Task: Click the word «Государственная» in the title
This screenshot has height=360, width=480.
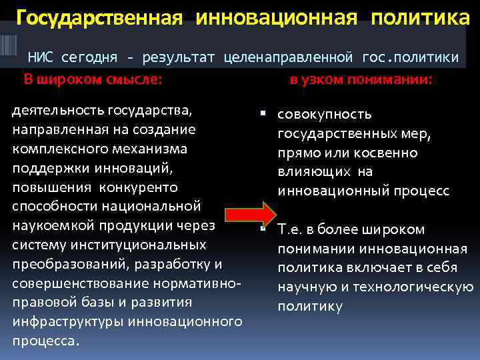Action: pyautogui.click(x=99, y=17)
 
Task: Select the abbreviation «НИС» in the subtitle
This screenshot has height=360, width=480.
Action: pyautogui.click(x=40, y=58)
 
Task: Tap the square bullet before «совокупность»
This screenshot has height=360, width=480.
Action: pyautogui.click(x=264, y=114)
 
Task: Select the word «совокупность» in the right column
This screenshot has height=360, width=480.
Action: pyautogui.click(x=325, y=115)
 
